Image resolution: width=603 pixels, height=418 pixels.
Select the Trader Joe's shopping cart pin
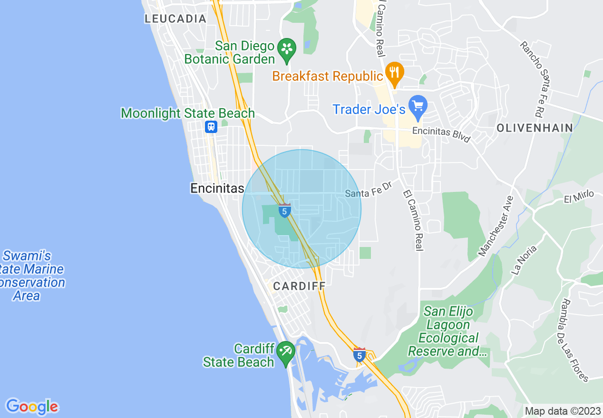(418, 106)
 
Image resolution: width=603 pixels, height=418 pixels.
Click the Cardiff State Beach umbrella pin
(286, 352)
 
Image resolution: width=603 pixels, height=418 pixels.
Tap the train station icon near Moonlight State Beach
(211, 127)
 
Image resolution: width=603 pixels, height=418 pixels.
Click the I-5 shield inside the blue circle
(284, 210)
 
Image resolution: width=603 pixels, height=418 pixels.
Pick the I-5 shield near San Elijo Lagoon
(360, 354)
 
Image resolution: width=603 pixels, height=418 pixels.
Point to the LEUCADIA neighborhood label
(175, 19)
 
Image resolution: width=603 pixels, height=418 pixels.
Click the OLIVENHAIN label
(535, 128)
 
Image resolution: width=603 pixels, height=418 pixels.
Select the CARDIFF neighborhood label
(299, 286)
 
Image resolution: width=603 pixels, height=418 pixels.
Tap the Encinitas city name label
(217, 188)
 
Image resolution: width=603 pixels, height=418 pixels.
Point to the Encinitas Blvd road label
(441, 134)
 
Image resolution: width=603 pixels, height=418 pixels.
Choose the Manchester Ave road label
(496, 226)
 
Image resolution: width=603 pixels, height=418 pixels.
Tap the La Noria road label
(524, 260)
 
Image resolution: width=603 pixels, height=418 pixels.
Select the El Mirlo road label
(579, 196)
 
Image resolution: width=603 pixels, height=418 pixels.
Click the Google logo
(32, 407)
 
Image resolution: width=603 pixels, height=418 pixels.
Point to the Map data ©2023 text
(562, 411)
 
